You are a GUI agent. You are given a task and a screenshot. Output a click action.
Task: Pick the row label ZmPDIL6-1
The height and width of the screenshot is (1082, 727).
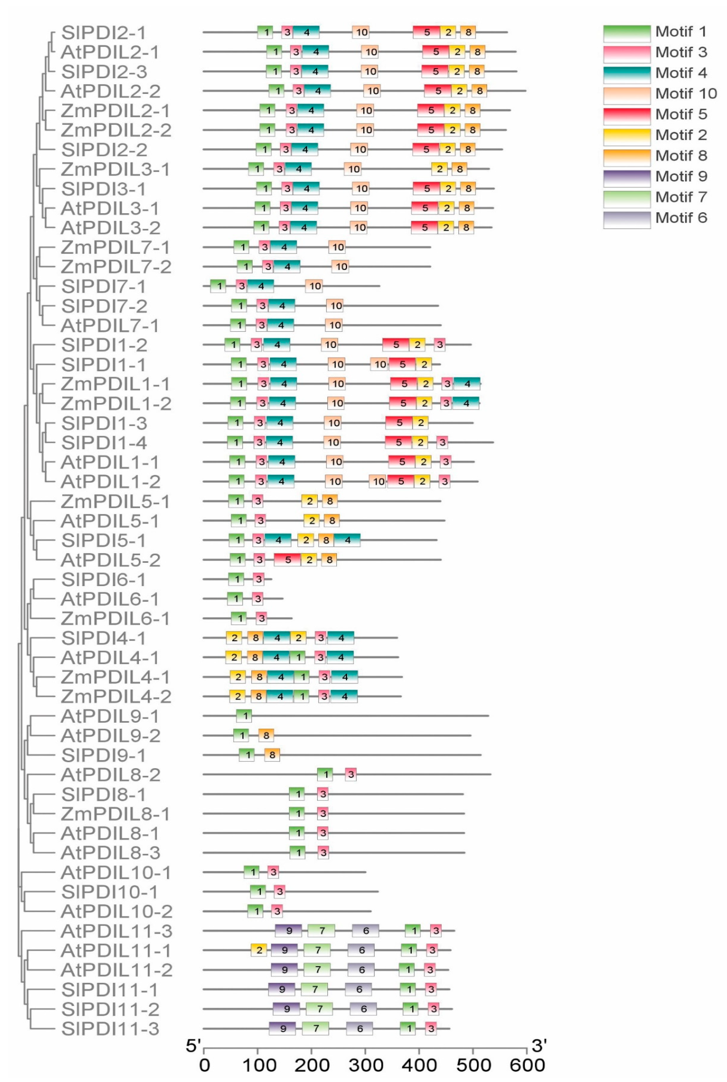(115, 619)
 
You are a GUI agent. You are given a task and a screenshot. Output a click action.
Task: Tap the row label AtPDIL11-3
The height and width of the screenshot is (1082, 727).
(116, 931)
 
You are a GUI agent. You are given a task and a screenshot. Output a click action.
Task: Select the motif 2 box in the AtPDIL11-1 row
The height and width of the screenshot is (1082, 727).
(259, 950)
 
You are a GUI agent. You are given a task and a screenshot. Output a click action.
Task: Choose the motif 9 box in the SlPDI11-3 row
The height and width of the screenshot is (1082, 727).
(282, 1029)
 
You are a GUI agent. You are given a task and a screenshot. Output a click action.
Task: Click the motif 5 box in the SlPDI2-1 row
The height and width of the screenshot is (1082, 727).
(427, 32)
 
